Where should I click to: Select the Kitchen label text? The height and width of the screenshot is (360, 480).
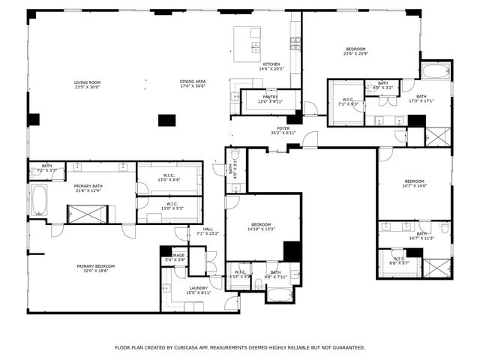pyautogui.click(x=271, y=65)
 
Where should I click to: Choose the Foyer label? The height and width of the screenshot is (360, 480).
pyautogui.click(x=283, y=129)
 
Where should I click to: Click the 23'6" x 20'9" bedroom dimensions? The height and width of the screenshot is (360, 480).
pyautogui.click(x=356, y=54)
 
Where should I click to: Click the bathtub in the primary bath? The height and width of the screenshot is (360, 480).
pyautogui.click(x=38, y=201)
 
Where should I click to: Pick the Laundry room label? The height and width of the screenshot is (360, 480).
pyautogui.click(x=199, y=289)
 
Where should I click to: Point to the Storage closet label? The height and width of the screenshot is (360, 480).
pyautogui.click(x=177, y=256)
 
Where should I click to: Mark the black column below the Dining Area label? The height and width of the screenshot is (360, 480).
pyautogui.click(x=166, y=120)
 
